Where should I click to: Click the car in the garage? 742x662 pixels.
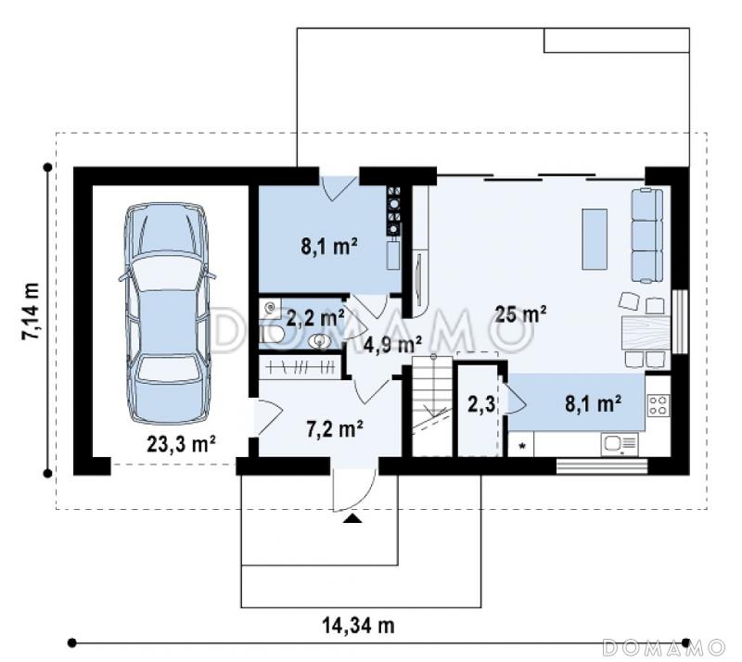[167, 314]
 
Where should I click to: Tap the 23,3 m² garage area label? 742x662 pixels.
[181, 444]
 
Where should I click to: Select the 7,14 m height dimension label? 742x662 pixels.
[31, 311]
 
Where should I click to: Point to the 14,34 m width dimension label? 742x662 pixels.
[358, 626]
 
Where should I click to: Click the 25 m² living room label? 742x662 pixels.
[521, 313]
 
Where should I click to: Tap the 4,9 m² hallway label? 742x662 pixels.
[392, 345]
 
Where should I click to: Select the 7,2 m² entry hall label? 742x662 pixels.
[335, 429]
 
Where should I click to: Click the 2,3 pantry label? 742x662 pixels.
[481, 404]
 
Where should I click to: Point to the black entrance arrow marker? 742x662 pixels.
[352, 518]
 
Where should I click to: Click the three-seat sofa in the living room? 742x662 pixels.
[646, 236]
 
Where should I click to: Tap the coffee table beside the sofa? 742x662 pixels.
[595, 239]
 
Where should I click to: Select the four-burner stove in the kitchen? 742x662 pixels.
[659, 405]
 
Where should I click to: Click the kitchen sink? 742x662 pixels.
[619, 444]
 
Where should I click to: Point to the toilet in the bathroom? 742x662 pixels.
[272, 335]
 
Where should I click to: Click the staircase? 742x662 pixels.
[430, 406]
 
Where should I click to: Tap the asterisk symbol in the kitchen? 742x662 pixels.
[522, 446]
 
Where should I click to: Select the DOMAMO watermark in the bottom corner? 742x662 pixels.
[663, 646]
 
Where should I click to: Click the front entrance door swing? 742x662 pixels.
[354, 491]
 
